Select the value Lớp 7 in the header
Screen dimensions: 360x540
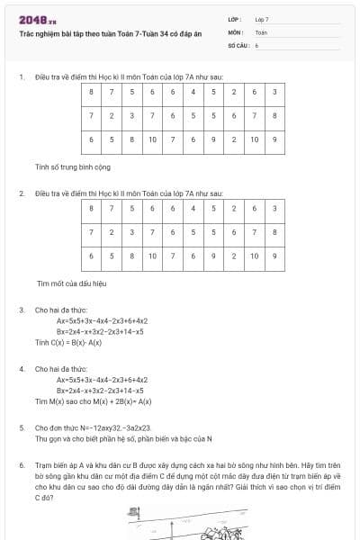pos(261,19)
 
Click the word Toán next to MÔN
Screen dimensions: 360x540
pos(261,31)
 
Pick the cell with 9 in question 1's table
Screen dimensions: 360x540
pos(213,139)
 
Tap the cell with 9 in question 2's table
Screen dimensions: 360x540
pos(213,256)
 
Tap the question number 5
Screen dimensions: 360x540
pos(22,427)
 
